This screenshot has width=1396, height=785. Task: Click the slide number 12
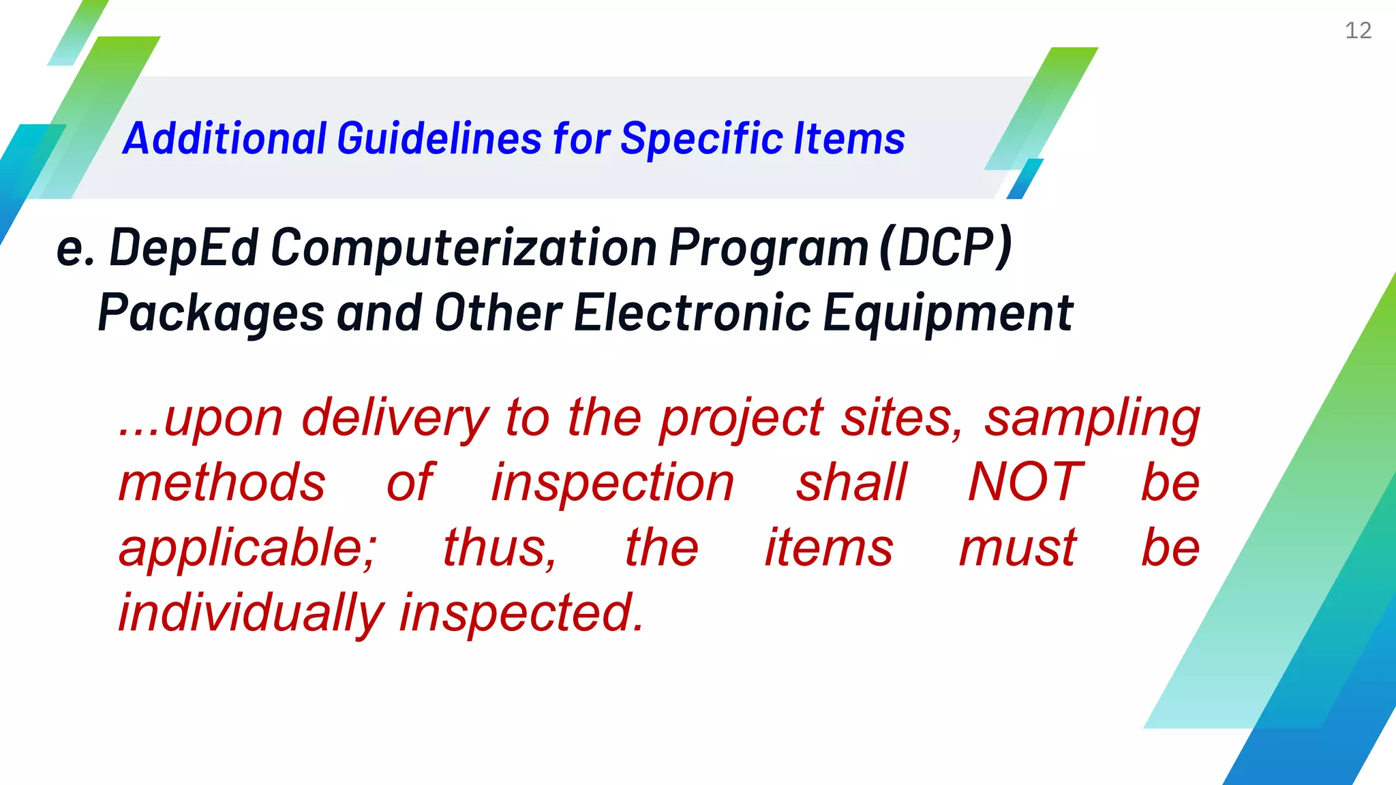click(x=1358, y=31)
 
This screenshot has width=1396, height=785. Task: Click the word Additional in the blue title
click(x=225, y=139)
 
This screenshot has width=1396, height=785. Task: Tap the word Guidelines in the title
click(x=440, y=139)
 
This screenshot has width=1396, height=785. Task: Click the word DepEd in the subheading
click(x=184, y=248)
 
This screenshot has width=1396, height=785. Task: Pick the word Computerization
click(x=464, y=247)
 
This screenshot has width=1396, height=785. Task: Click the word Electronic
click(x=693, y=313)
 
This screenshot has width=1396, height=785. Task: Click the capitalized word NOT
click(x=1025, y=482)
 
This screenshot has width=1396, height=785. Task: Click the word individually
click(x=252, y=613)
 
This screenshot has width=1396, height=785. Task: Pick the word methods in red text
click(x=222, y=482)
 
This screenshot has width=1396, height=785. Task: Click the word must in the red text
click(x=1018, y=548)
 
